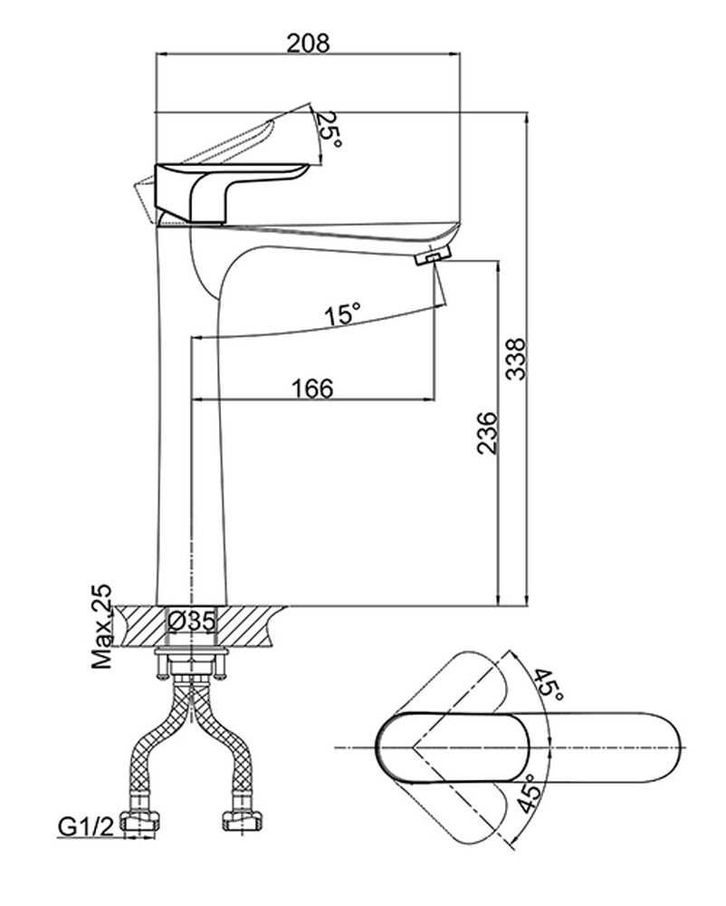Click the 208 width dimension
(307, 42)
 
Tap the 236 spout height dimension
(485, 433)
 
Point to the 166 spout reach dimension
(312, 388)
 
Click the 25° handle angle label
(330, 131)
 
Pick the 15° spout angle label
(343, 315)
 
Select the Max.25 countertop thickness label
(102, 626)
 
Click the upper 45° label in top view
(548, 686)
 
